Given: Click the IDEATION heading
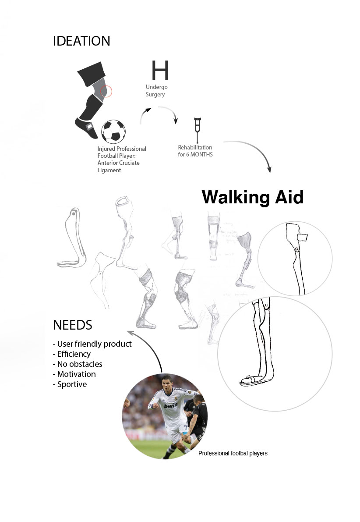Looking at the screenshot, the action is pyautogui.click(x=81, y=41).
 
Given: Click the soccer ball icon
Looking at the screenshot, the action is pyautogui.click(x=113, y=131).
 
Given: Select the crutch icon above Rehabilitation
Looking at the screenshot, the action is pyautogui.click(x=198, y=128).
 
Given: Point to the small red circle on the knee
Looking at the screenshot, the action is pyautogui.click(x=106, y=92).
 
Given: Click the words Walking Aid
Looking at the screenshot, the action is pyautogui.click(x=252, y=197).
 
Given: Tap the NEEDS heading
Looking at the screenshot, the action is pyautogui.click(x=72, y=325).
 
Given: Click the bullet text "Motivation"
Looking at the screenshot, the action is pyautogui.click(x=76, y=374).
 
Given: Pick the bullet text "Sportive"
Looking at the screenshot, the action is pyautogui.click(x=72, y=384).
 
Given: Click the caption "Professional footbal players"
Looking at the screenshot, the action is pyautogui.click(x=233, y=453).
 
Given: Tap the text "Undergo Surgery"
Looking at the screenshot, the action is pyautogui.click(x=156, y=91).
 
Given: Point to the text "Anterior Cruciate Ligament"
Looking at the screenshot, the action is pyautogui.click(x=118, y=166).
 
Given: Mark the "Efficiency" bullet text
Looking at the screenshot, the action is pyautogui.click(x=74, y=354).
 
